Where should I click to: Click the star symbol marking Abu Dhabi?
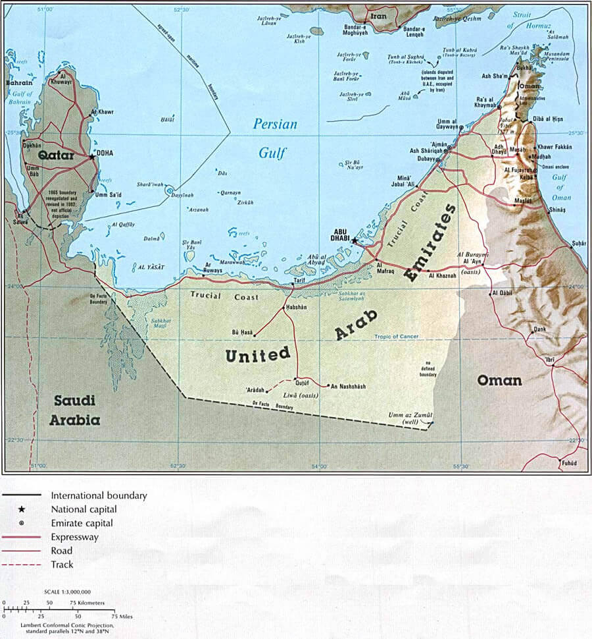(355, 241)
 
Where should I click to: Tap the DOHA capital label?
(105, 153)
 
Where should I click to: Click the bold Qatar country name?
(55, 156)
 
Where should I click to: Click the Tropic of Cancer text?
(397, 337)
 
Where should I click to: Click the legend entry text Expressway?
(75, 537)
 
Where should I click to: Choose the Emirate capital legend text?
(82, 523)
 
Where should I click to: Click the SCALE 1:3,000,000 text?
(68, 593)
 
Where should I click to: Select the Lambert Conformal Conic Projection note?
(59, 627)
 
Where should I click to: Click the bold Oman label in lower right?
(499, 380)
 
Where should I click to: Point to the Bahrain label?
(19, 84)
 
